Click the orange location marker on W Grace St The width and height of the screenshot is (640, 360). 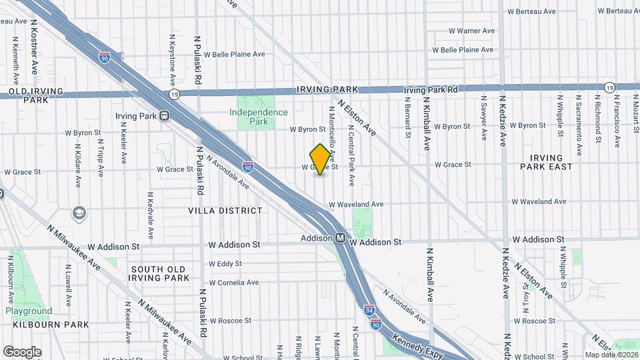click(320, 159)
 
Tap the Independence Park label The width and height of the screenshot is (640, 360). click(258, 117)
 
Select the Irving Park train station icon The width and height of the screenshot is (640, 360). click(163, 116)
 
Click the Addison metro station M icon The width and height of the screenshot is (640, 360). click(339, 237)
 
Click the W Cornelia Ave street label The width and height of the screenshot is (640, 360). click(233, 283)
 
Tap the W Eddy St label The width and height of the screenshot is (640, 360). click(225, 264)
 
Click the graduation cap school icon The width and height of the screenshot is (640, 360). click(79, 213)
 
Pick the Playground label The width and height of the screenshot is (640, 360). click(29, 311)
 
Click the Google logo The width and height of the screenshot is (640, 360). click(22, 351)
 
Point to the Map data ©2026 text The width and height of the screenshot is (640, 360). click(611, 355)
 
